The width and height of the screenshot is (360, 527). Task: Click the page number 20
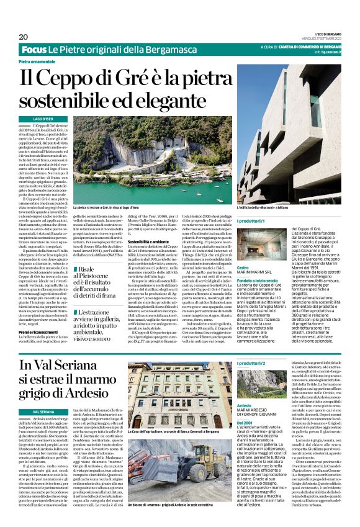click(x=23, y=37)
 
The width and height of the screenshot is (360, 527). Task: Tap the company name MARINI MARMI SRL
click(x=256, y=254)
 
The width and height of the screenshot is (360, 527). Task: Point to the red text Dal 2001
click(x=245, y=422)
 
